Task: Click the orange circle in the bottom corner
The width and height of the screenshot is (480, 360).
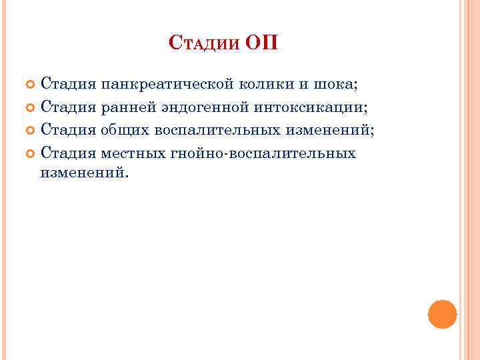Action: click(442, 314)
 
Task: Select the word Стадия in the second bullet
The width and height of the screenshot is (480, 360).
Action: click(68, 107)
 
